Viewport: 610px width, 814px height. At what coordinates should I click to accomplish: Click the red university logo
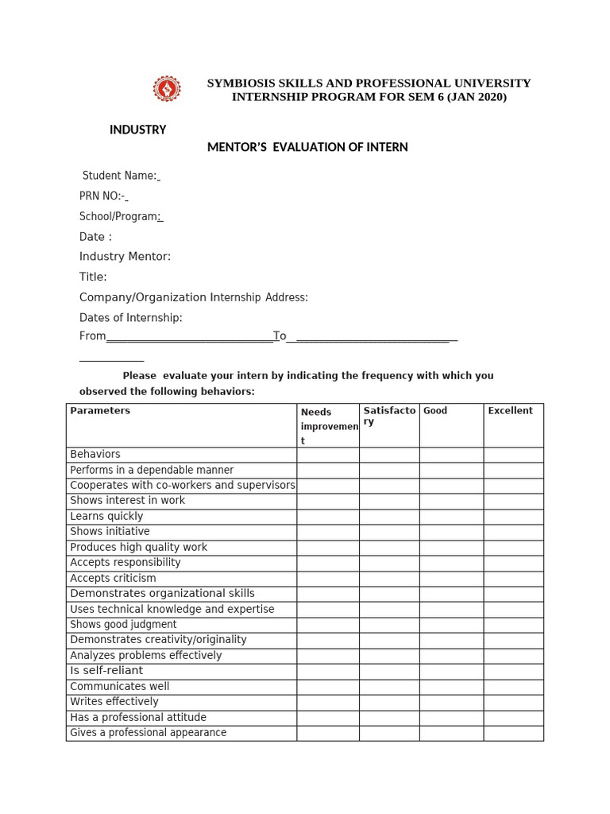pos(167,89)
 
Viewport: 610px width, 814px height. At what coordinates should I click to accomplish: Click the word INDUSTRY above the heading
pos(137,130)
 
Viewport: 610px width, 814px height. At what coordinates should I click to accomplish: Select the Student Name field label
pos(120,176)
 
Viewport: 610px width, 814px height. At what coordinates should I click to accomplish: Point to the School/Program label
pos(120,216)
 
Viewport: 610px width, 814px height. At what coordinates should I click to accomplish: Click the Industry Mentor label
pos(125,257)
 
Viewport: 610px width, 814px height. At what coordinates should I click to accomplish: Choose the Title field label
pos(93,277)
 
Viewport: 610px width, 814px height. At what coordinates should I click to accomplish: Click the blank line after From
pos(189,337)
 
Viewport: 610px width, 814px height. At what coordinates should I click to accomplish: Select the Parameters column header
pos(100,411)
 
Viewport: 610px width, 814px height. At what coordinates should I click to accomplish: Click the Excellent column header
pos(510,411)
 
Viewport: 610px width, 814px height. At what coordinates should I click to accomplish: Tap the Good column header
pos(435,411)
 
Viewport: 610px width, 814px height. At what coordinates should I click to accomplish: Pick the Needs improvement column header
pos(328,426)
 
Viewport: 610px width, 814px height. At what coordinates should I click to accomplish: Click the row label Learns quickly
pos(106,516)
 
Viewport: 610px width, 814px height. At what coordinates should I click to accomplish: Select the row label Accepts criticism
pos(113,578)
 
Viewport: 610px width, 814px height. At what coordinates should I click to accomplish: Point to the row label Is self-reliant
pos(106,671)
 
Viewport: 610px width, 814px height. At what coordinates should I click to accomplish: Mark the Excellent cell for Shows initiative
pos(513,532)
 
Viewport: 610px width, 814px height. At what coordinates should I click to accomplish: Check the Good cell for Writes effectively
pos(451,702)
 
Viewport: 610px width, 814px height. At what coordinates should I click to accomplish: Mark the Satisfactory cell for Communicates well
pos(389,687)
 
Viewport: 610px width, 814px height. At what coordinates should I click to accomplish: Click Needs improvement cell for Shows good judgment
pos(328,625)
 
